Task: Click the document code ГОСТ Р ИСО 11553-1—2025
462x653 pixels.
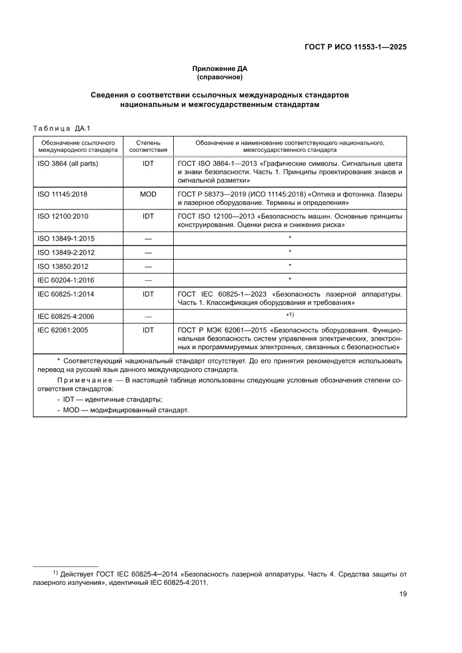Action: pos(355,47)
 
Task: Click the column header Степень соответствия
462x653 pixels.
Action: pos(148,146)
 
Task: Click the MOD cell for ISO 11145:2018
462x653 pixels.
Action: pos(148,194)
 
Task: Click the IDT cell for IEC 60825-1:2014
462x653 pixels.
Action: pos(148,294)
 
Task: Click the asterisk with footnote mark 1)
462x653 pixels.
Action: pos(290,316)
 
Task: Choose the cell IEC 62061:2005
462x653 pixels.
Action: pos(61,330)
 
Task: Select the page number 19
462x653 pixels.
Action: pos(402,594)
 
